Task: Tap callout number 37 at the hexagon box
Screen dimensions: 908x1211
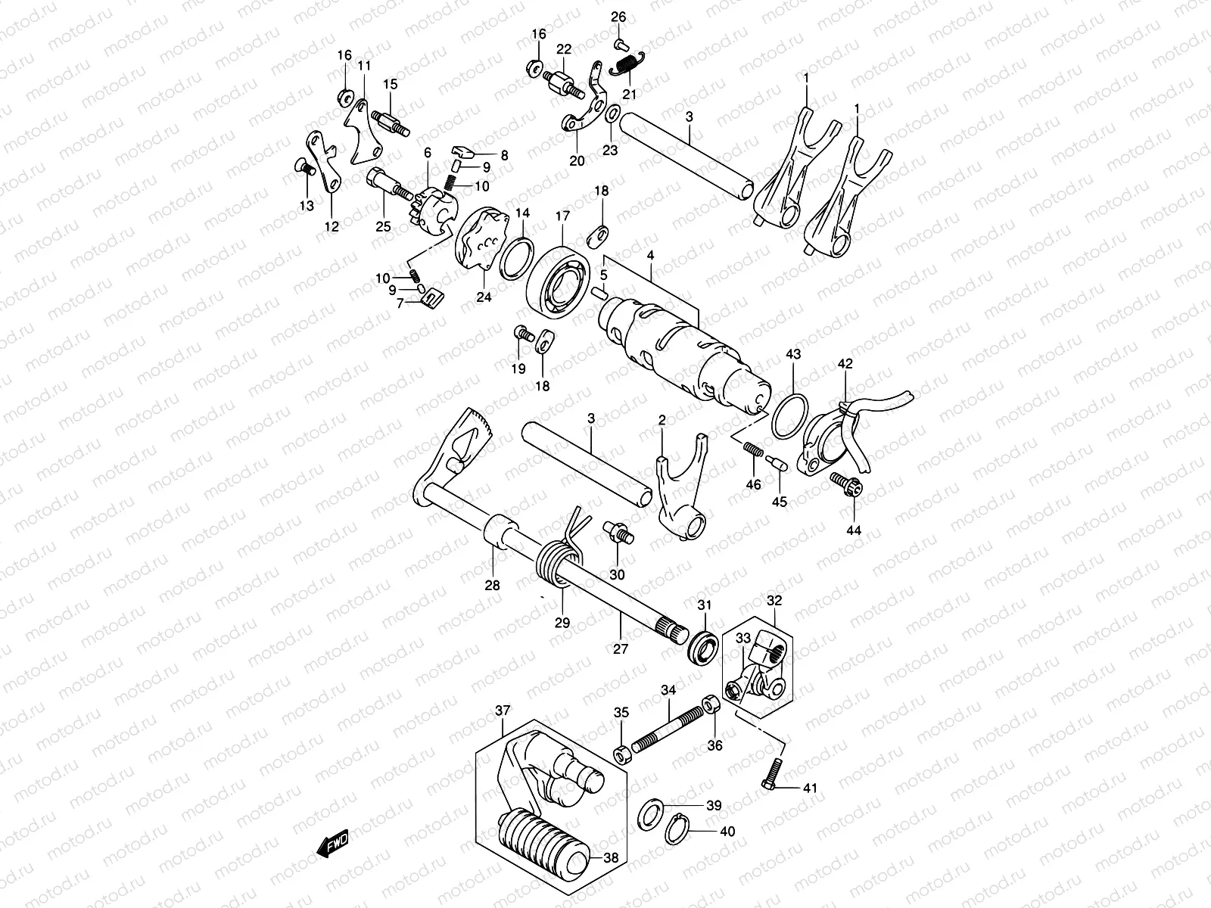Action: click(x=503, y=711)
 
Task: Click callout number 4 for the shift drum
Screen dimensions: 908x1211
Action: click(x=650, y=257)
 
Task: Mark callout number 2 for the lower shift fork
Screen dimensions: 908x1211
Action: click(x=662, y=420)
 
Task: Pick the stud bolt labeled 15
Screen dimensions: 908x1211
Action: click(x=391, y=123)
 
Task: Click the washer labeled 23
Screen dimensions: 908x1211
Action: click(x=612, y=115)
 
